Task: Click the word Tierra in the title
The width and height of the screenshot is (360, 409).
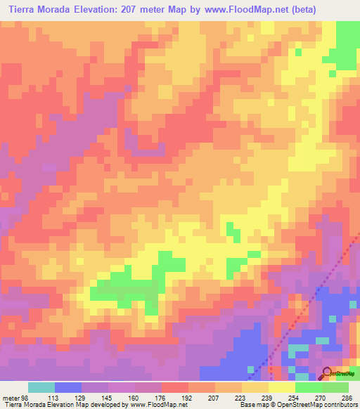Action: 22,10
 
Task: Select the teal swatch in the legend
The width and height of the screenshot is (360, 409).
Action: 41,387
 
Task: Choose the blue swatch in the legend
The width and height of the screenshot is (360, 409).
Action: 68,387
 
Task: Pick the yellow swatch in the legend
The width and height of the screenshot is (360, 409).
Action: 281,387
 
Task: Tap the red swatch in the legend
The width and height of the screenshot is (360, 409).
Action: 175,387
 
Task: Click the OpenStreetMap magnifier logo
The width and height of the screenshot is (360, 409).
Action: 326,372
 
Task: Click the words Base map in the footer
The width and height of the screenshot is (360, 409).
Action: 252,405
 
